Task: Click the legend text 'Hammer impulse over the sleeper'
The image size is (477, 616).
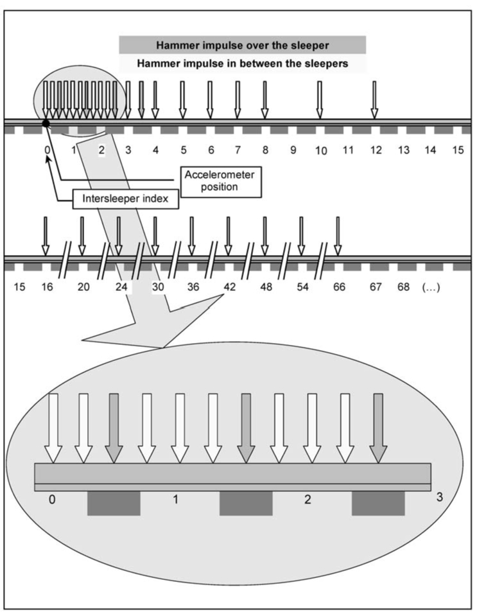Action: pos(242,45)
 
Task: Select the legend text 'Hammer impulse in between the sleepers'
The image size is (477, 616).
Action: pos(242,64)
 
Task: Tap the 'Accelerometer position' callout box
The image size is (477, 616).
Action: pos(220,180)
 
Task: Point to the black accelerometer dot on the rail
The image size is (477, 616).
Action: pos(46,123)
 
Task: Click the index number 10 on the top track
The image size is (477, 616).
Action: pos(320,151)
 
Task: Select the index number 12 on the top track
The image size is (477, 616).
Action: pos(376,150)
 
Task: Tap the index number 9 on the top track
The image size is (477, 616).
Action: pos(293,150)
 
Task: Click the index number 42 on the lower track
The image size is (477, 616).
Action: pos(229,287)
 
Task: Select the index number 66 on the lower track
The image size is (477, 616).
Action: pos(339,287)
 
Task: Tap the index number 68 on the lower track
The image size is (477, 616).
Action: pos(403,287)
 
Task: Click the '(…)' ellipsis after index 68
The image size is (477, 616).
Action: pos(429,287)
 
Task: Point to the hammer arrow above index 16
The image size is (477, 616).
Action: pos(45,236)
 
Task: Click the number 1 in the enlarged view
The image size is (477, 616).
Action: pos(175,499)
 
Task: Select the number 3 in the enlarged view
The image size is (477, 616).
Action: pos(439,497)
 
